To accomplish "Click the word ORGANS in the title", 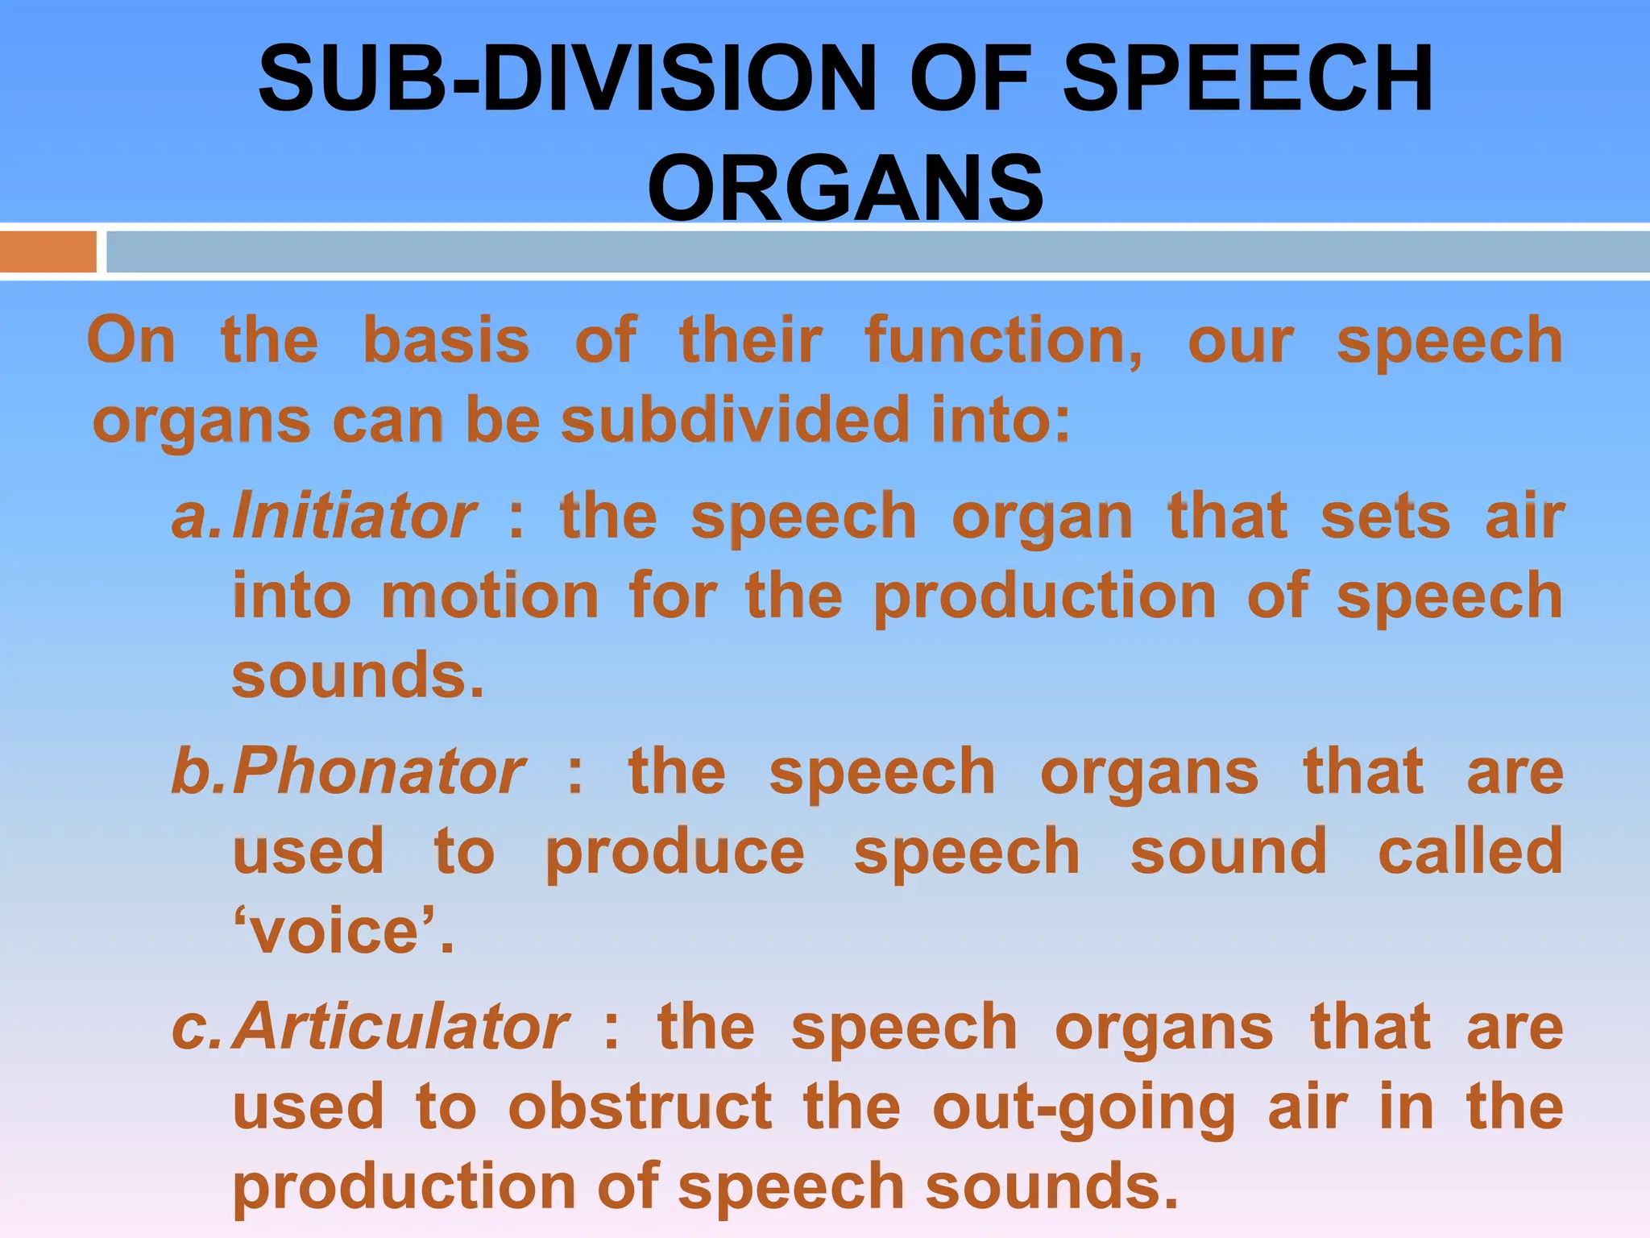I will click(x=845, y=189).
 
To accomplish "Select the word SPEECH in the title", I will click(x=1248, y=79).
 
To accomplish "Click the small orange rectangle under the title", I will click(x=48, y=251).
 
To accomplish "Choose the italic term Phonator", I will click(x=379, y=771).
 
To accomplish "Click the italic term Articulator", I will click(x=401, y=1027).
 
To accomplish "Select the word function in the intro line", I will click(x=1002, y=340).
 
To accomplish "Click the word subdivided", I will click(x=736, y=421).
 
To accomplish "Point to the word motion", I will click(x=490, y=596).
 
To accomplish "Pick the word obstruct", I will click(x=641, y=1107).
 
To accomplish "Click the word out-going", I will click(x=1084, y=1109).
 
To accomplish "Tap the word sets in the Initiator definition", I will click(x=1386, y=517).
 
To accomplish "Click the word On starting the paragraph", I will click(x=131, y=340).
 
